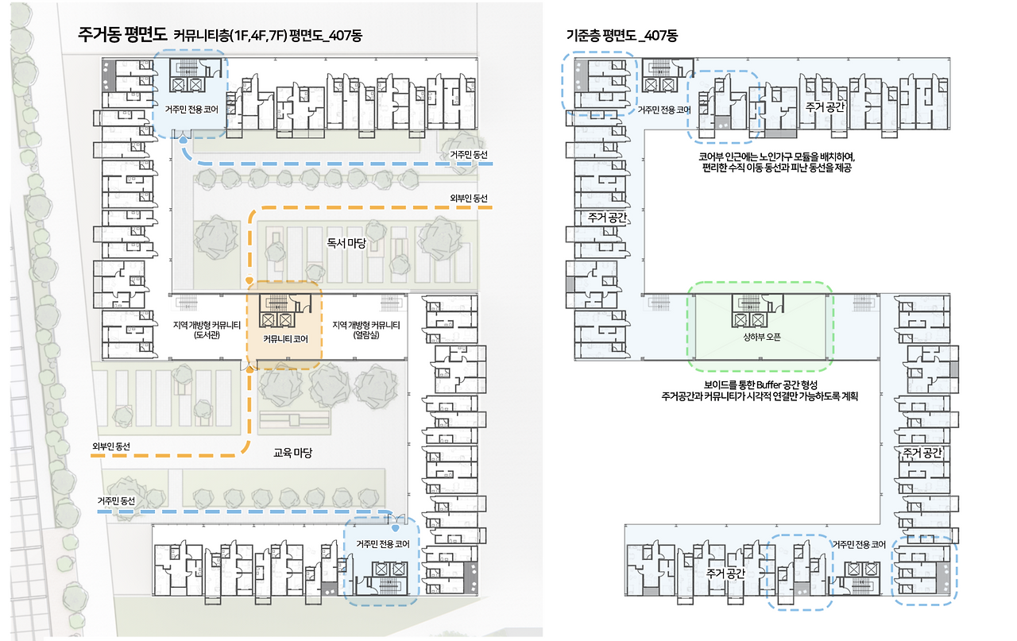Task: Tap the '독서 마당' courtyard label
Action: (346, 243)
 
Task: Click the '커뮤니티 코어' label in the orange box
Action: (285, 338)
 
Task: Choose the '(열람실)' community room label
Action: (365, 335)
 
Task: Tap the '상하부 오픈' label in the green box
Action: (761, 337)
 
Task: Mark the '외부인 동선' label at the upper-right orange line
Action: (468, 198)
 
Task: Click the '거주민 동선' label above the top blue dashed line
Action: (468, 154)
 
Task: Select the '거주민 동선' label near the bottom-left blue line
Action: (117, 500)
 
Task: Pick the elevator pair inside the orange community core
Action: (284, 319)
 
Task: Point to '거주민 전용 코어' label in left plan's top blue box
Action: (191, 109)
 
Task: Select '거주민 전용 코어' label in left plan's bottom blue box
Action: (382, 543)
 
